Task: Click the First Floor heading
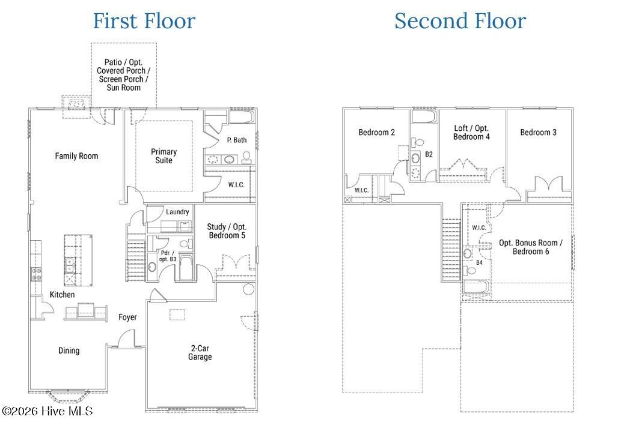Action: [144, 21]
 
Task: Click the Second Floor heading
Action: [460, 21]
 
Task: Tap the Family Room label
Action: [76, 156]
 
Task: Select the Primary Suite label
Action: [164, 156]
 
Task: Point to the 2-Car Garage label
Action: [200, 352]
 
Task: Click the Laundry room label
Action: [177, 212]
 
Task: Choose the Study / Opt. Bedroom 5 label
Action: [227, 231]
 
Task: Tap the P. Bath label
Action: [237, 140]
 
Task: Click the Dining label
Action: [69, 351]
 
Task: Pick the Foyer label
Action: [127, 318]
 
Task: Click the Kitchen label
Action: [62, 295]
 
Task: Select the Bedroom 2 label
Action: [377, 132]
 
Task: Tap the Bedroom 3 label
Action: [538, 132]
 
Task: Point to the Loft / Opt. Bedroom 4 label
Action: [471, 132]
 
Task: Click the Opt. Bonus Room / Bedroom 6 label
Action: [530, 247]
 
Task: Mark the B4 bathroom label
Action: [479, 262]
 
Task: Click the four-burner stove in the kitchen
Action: [36, 274]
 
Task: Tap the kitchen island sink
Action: [70, 265]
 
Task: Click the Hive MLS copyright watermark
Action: [47, 411]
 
